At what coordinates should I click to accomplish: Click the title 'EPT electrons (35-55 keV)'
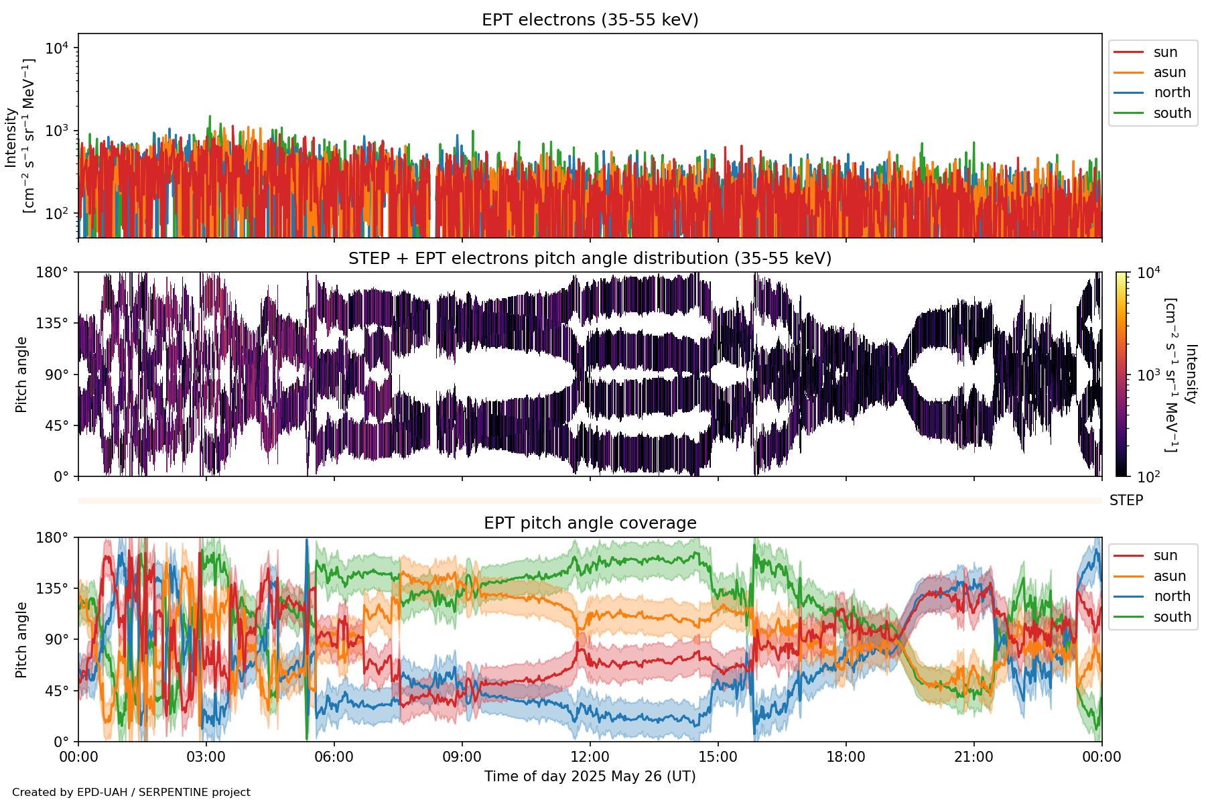[590, 20]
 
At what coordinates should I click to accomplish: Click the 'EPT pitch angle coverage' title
[590, 523]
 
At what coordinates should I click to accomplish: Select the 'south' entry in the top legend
[1172, 113]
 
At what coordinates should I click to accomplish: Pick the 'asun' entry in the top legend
[1169, 72]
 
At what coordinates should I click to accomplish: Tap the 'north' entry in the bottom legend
[1172, 596]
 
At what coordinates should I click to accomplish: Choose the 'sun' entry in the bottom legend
[1165, 555]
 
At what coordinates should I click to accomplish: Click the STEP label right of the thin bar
[1126, 500]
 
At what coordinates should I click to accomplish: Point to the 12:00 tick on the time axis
[590, 757]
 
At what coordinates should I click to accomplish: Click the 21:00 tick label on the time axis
[974, 757]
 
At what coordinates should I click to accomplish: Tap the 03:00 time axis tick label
[206, 757]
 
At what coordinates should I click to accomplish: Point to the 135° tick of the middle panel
[52, 324]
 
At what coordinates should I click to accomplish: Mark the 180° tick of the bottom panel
[52, 537]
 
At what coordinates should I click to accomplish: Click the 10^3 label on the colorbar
[1148, 375]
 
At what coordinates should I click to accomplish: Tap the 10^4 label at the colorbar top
[1148, 273]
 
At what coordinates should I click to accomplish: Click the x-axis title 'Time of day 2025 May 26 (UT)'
[590, 777]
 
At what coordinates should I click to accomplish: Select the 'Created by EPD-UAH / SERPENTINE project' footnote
[131, 792]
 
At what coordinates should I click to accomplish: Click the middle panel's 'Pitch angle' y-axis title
[21, 375]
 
